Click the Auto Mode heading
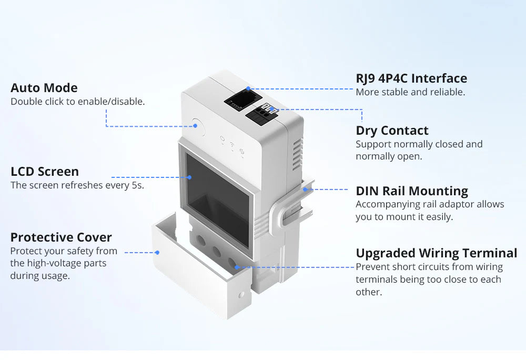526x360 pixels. [x=44, y=88]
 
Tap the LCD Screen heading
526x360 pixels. [x=45, y=172]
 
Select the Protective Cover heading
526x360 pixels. [x=61, y=237]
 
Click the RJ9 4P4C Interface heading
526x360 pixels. [x=411, y=78]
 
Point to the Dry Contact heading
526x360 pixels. [x=392, y=131]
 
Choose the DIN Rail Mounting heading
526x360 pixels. [x=412, y=191]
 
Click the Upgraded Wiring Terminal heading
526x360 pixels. [x=437, y=253]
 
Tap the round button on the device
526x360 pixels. [x=197, y=126]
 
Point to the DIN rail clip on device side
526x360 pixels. [x=295, y=205]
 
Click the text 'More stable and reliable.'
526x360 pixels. [x=410, y=92]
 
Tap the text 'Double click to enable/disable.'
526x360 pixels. [x=77, y=102]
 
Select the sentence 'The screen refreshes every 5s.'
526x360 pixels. [x=77, y=185]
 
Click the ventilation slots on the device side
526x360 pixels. [x=297, y=153]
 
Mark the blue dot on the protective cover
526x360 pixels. [x=157, y=253]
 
